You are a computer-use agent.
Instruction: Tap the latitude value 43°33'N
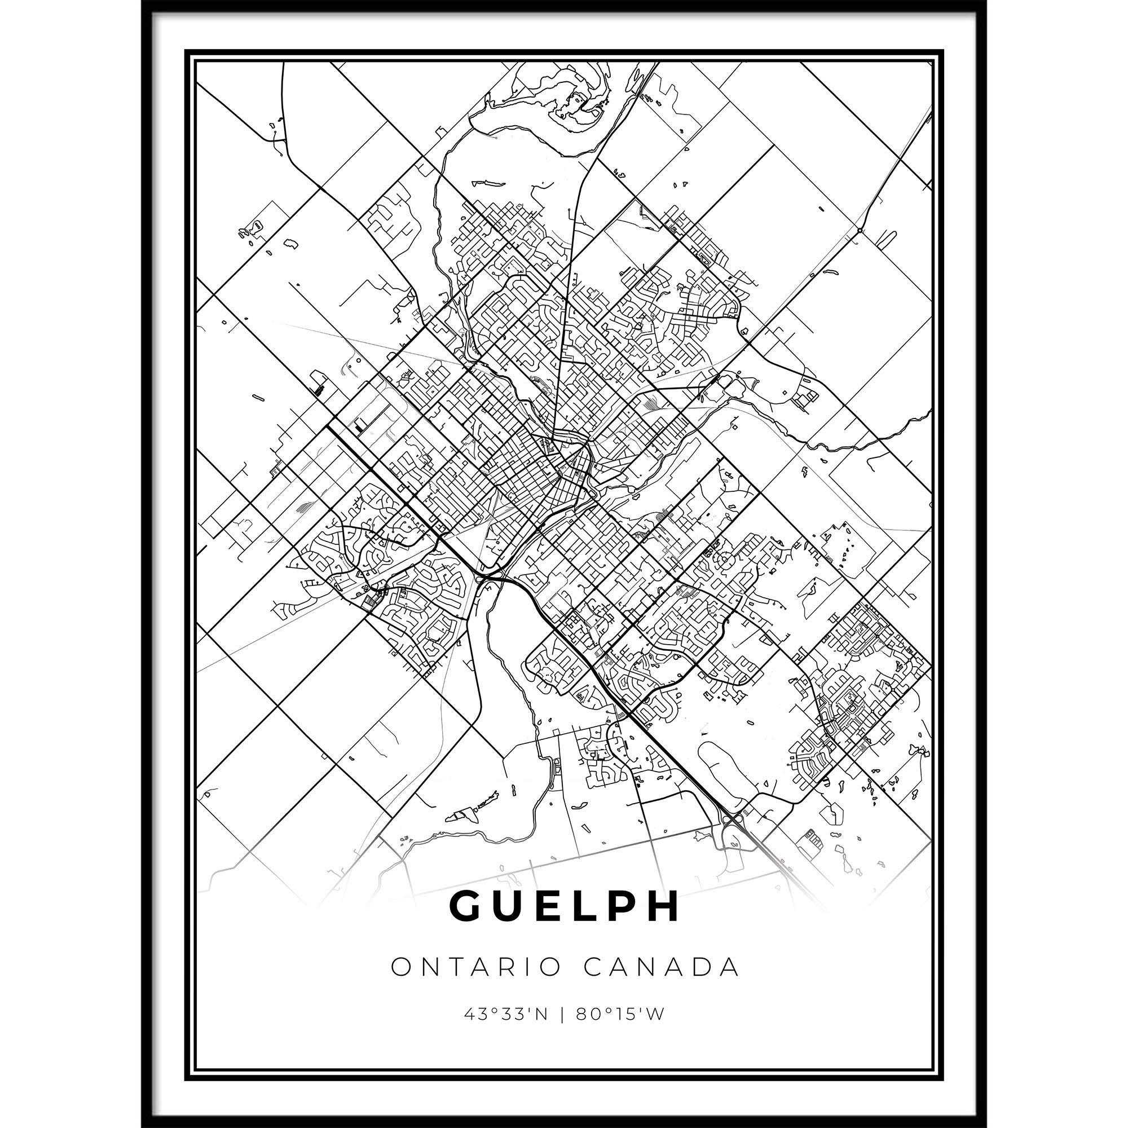[x=506, y=1015]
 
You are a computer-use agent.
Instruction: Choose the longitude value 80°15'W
[x=620, y=1015]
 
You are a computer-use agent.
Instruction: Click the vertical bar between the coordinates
[x=562, y=1015]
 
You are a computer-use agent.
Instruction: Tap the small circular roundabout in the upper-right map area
[x=860, y=231]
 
